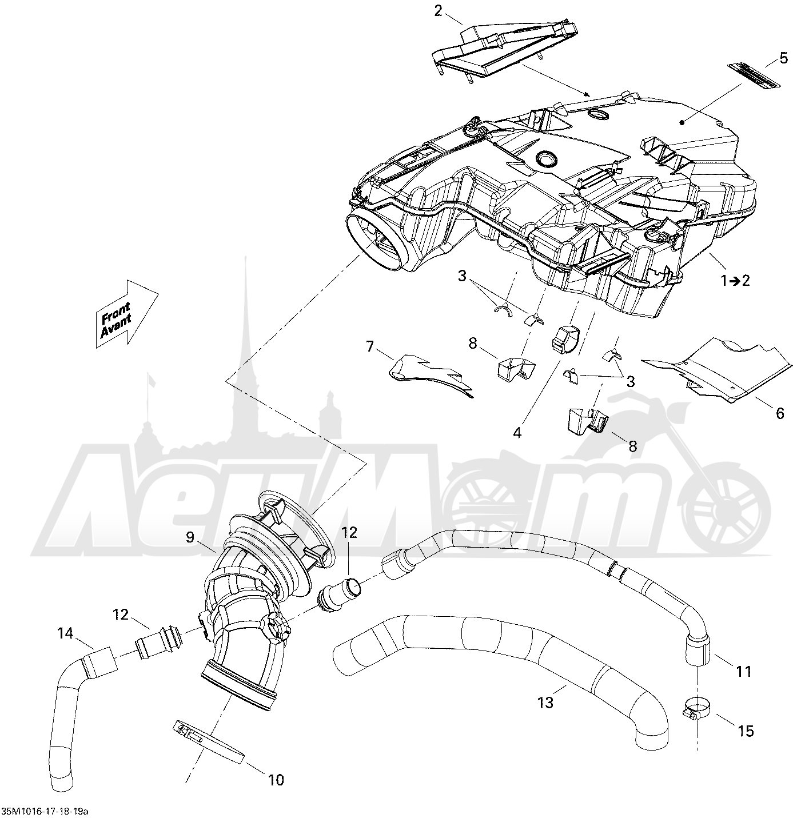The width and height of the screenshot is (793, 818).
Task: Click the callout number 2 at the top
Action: pyautogui.click(x=438, y=11)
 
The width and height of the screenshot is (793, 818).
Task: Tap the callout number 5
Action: pyautogui.click(x=783, y=58)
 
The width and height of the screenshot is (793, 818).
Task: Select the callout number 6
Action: pyautogui.click(x=780, y=413)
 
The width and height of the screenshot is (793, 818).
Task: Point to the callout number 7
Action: pyautogui.click(x=369, y=347)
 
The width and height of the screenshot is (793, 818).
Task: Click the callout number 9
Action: pyautogui.click(x=190, y=537)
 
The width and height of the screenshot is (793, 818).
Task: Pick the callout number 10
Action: pyautogui.click(x=276, y=780)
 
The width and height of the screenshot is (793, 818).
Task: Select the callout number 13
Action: pyautogui.click(x=546, y=702)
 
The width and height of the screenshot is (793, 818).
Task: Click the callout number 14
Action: pyautogui.click(x=65, y=633)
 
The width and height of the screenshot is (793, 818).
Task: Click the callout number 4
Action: pyautogui.click(x=517, y=433)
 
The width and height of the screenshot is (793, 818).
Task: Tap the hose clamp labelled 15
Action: pyautogui.click(x=696, y=708)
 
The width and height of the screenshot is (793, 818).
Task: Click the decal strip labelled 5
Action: pyautogui.click(x=754, y=75)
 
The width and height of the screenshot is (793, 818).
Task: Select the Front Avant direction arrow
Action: pyautogui.click(x=126, y=314)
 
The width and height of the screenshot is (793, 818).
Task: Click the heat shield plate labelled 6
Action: pyautogui.click(x=715, y=370)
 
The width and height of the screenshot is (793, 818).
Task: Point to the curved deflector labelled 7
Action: pyautogui.click(x=429, y=375)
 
